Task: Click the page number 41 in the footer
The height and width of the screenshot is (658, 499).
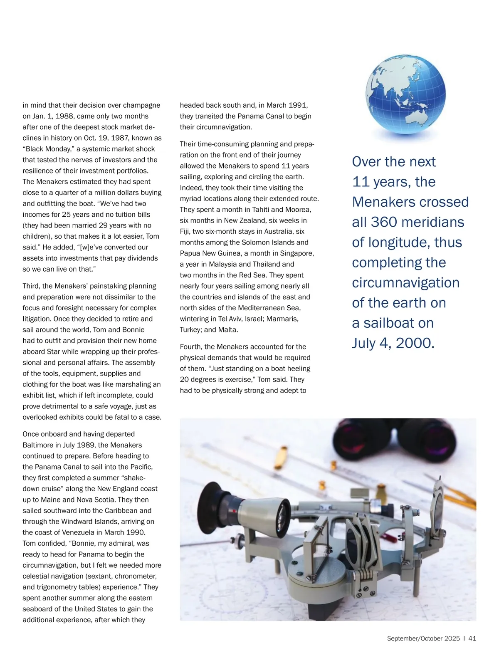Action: pyautogui.click(x=472, y=638)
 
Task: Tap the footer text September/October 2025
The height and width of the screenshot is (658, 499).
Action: pyautogui.click(x=423, y=638)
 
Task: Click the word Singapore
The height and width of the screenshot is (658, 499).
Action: pyautogui.click(x=297, y=253)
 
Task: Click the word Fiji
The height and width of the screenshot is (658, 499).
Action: pyautogui.click(x=187, y=231)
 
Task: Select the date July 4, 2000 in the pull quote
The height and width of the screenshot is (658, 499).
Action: pyautogui.click(x=393, y=343)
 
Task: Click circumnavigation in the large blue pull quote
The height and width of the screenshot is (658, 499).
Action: pyautogui.click(x=405, y=283)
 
